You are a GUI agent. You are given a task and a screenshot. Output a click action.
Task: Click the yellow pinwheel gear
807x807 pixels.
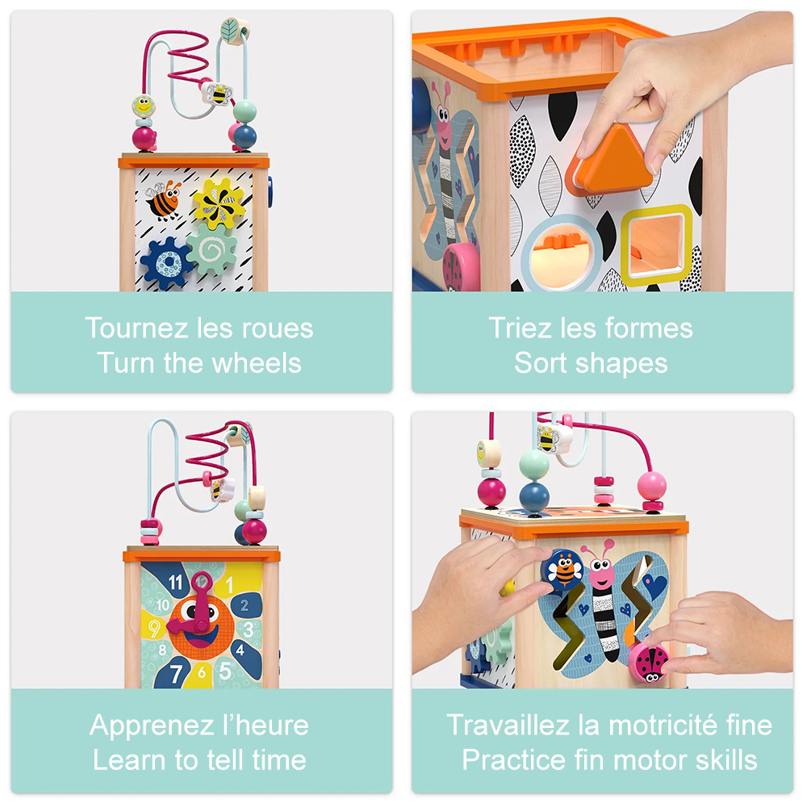[x=219, y=203]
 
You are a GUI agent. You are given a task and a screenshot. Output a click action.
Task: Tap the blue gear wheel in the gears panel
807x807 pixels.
[x=166, y=263]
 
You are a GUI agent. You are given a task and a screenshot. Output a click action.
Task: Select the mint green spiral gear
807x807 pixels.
[x=211, y=249]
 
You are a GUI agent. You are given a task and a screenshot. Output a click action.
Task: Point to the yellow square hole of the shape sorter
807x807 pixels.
[x=656, y=245]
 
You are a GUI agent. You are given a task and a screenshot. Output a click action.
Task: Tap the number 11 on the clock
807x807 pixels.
[x=176, y=583]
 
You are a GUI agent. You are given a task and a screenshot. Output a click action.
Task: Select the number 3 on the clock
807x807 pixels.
[x=248, y=629]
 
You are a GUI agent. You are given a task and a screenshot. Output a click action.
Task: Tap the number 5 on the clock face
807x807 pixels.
[x=225, y=671]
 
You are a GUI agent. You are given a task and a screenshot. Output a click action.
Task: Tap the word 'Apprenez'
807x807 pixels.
[x=152, y=726]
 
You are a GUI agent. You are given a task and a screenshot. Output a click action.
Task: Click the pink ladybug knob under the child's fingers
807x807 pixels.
[x=649, y=663]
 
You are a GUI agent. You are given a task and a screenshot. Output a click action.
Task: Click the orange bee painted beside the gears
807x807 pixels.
[x=164, y=199]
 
